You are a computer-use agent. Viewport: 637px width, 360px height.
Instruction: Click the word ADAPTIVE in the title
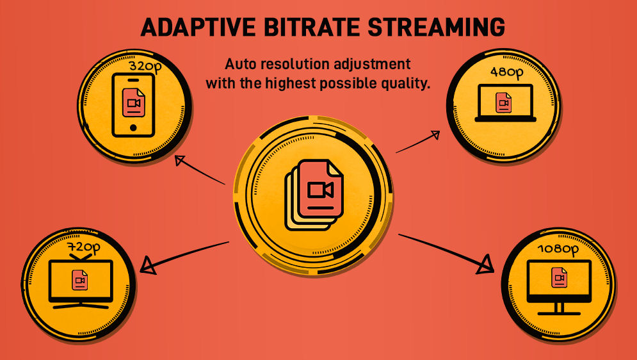(198, 27)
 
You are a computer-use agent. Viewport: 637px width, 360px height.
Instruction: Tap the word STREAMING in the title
(437, 27)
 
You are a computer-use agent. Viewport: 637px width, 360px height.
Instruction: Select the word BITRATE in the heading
(312, 27)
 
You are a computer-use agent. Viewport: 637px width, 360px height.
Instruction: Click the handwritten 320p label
(145, 66)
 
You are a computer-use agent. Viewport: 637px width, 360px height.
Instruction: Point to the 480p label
(506, 72)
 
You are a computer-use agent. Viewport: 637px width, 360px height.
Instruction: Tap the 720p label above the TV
(84, 248)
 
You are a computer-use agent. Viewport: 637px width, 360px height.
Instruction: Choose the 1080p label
(558, 249)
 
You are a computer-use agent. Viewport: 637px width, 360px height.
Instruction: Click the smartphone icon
(134, 105)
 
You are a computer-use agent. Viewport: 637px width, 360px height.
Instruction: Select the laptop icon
(505, 103)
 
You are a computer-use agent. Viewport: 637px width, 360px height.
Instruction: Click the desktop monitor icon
(559, 287)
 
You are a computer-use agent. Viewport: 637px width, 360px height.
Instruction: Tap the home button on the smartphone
(133, 127)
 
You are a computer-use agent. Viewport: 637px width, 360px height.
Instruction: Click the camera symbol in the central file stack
(321, 190)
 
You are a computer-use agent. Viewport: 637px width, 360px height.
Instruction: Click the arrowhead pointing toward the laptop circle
(435, 135)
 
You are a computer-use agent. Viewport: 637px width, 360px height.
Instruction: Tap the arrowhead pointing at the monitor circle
(486, 265)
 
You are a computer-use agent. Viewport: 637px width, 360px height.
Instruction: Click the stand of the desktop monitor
(559, 309)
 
